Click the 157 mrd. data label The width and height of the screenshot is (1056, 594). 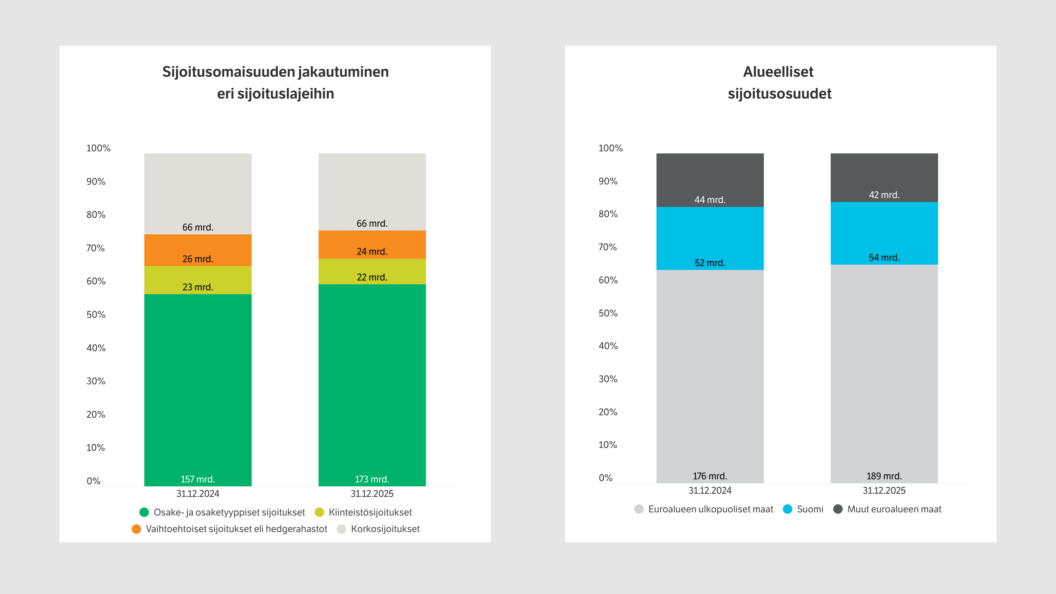pos(197,479)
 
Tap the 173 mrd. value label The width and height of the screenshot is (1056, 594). pos(372,479)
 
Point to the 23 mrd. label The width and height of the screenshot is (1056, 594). pos(197,287)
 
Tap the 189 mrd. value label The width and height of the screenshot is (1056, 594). pos(884,476)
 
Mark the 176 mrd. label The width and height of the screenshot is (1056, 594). pos(710,476)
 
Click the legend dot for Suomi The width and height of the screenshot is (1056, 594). pos(787,509)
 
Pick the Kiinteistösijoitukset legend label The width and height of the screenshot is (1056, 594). pos(370,512)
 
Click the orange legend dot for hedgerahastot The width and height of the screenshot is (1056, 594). pos(137,529)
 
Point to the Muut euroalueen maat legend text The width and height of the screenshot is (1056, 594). pos(894,509)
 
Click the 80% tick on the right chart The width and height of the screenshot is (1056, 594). pos(608,214)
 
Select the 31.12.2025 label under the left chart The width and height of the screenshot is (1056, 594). pos(372,494)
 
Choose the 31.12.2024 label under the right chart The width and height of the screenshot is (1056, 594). pos(710,490)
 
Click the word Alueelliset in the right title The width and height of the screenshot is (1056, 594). pos(778,72)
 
